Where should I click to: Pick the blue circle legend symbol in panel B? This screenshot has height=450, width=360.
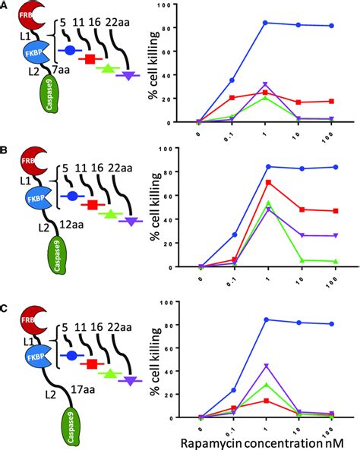tap(71, 195)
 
